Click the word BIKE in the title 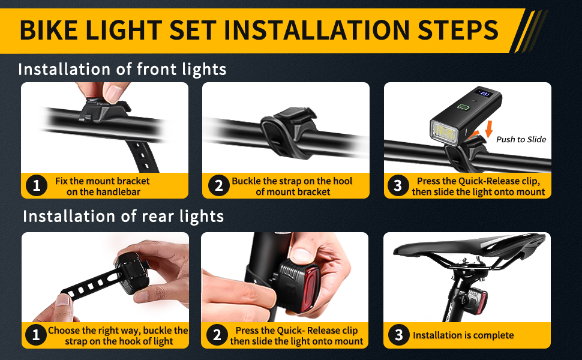point(49,30)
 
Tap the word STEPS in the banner point(458,30)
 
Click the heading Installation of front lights point(122,70)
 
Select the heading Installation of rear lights point(123,216)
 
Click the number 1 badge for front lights point(37,185)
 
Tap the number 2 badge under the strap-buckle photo point(218,185)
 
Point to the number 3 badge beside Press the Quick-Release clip point(398,185)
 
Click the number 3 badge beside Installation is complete point(398,335)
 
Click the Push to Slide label point(521,140)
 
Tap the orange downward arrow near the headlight point(489,128)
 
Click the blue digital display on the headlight point(485,93)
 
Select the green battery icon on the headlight point(463,107)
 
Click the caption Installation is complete point(463,335)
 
